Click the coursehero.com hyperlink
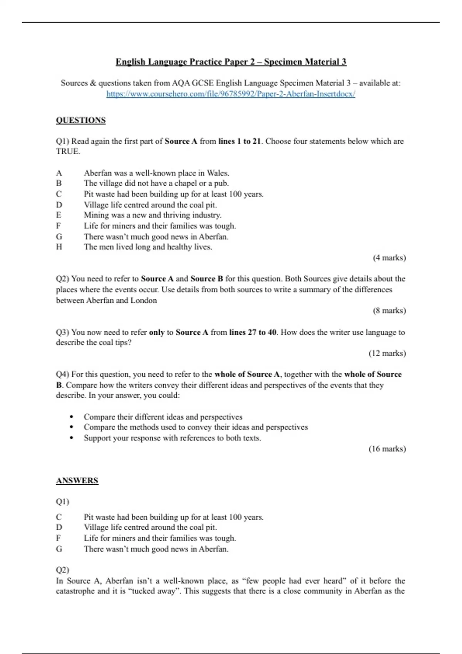[x=231, y=94]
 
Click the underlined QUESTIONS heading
[x=80, y=120]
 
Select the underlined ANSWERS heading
[x=77, y=480]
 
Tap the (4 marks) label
[x=389, y=258]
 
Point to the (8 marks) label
[x=389, y=310]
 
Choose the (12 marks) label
[x=387, y=353]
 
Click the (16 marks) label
[x=387, y=449]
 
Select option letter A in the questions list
[x=59, y=173]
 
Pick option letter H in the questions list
[x=59, y=247]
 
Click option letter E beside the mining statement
[x=59, y=215]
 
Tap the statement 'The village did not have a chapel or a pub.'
[x=156, y=184]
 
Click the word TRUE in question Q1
[x=68, y=152]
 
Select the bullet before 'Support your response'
[x=72, y=438]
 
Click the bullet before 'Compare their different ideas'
[x=72, y=417]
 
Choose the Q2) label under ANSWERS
[x=62, y=570]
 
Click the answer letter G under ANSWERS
[x=59, y=549]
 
